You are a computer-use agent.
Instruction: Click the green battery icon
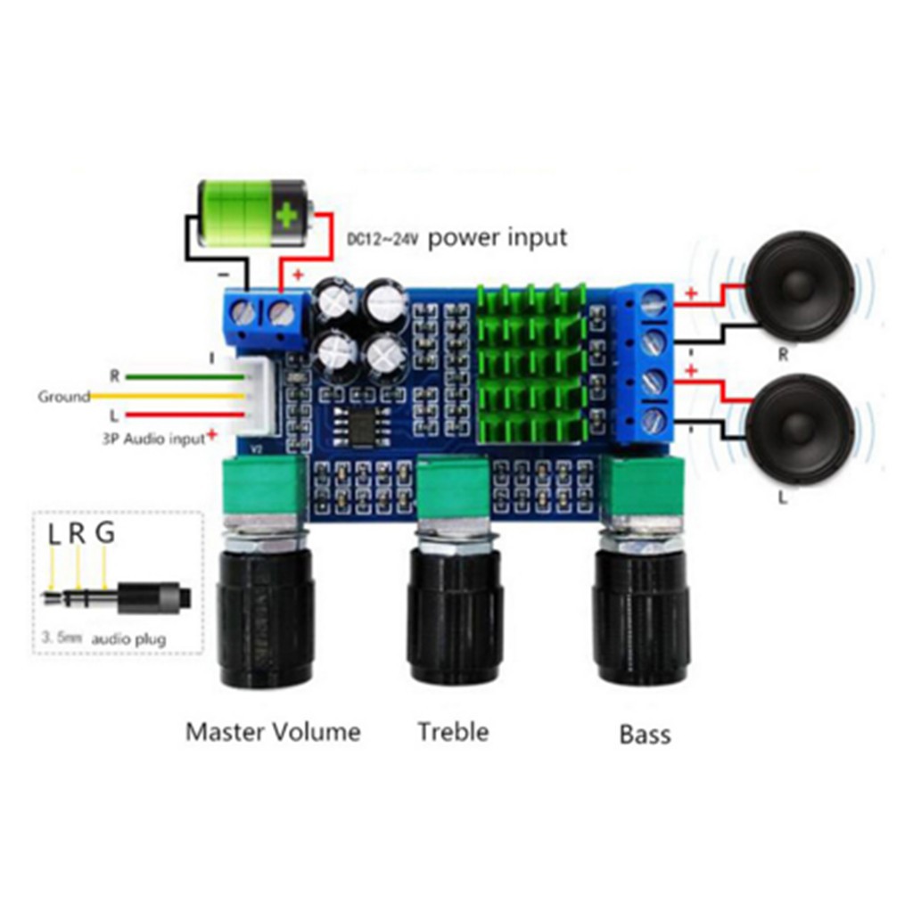point(253,214)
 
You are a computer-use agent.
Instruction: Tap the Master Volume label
point(273,733)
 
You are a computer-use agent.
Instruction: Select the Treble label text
point(453,732)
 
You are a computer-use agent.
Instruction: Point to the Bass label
point(645,735)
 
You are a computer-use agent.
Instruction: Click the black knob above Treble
point(455,615)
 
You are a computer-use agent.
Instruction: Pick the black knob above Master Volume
point(265,619)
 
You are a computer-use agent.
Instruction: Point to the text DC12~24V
point(383,240)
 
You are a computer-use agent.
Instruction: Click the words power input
point(498,238)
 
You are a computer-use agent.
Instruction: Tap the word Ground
point(63,396)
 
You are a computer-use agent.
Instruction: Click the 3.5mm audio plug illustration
point(116,596)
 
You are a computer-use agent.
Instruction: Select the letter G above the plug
point(105,534)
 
